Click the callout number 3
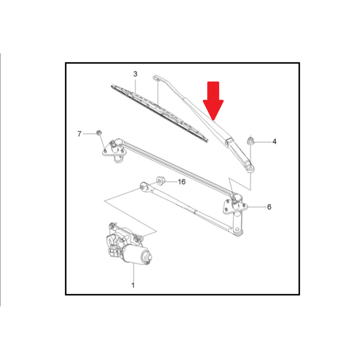tap(135, 74)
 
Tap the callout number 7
tap(80, 134)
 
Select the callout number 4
tap(274, 141)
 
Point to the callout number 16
tap(181, 182)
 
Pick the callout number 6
tap(269, 207)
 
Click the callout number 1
tap(133, 285)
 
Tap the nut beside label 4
tap(250, 141)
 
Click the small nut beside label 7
tap(99, 132)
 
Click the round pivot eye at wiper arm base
tap(250, 168)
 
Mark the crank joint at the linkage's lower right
tap(237, 230)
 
